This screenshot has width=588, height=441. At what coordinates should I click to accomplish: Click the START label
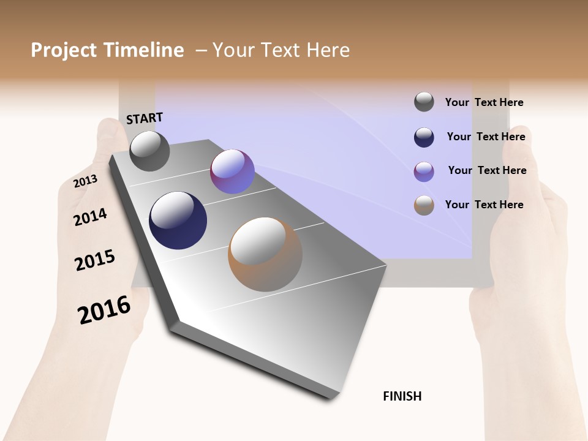[x=145, y=118]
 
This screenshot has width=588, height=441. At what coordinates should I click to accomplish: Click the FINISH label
[x=402, y=396]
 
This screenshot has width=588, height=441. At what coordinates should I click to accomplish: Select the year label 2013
[x=85, y=181]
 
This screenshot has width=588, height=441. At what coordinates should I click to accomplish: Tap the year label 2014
[x=90, y=217]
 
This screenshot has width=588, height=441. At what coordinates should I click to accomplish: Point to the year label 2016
[x=104, y=310]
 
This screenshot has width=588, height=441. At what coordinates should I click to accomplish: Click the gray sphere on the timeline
[x=149, y=151]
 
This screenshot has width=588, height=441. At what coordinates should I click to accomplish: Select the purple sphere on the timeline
[x=232, y=171]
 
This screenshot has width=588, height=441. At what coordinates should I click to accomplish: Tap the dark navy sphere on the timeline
[x=178, y=221]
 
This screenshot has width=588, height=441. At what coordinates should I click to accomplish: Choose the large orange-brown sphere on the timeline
[x=265, y=254]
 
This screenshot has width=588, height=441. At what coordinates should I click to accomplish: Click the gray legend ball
[x=424, y=102]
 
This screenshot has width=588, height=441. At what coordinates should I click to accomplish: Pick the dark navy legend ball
[x=424, y=137]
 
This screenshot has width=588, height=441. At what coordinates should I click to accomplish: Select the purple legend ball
[x=424, y=171]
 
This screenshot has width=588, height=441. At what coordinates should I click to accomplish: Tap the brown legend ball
[x=424, y=205]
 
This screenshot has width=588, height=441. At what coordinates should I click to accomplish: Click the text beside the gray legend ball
[x=484, y=102]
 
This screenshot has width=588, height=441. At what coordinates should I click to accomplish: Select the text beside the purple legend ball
[x=487, y=170]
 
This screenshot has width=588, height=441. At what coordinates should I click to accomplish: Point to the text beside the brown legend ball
[x=484, y=205]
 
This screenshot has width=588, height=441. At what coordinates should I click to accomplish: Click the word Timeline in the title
[x=143, y=50]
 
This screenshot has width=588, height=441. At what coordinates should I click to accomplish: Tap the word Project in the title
[x=63, y=50]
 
